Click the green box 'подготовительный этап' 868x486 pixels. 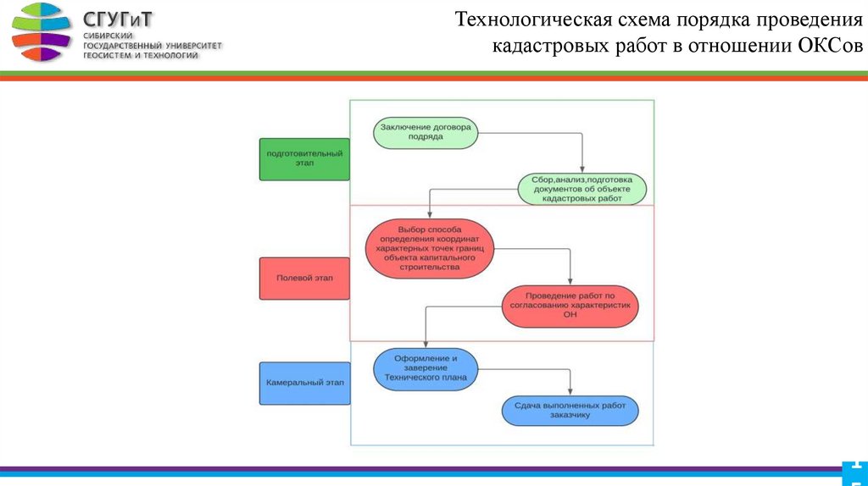[x=304, y=159]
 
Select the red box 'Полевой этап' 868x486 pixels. [x=304, y=278]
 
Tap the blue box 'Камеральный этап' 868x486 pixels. [x=304, y=383]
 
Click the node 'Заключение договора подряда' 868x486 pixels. [x=426, y=132]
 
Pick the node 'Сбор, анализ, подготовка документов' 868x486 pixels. [x=581, y=190]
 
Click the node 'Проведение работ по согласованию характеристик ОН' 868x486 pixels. [x=570, y=307]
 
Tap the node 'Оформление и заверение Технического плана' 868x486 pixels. [x=426, y=367]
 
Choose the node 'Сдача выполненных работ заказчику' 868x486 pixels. [x=570, y=411]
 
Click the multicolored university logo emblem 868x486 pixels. [x=41, y=31]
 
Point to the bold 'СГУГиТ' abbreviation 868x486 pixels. [x=118, y=19]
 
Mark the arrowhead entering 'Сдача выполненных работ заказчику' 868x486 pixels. [x=570, y=389]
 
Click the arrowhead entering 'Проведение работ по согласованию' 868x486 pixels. [x=570, y=283]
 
